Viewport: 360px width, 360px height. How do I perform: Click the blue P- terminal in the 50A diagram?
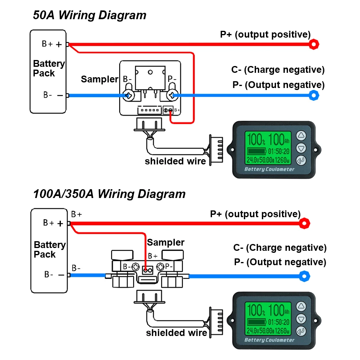pos(314,95)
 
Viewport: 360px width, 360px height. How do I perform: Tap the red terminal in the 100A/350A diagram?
pos(305,223)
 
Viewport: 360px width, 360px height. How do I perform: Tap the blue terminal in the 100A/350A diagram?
pos(305,275)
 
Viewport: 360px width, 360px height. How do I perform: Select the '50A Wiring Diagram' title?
pos(90,15)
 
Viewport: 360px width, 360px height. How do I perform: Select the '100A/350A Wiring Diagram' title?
pos(109,194)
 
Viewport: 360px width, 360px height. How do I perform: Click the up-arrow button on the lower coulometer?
pos(301,306)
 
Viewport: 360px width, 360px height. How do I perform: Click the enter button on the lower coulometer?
pos(301,332)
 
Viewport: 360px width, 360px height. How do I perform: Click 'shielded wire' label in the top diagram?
pos(175,161)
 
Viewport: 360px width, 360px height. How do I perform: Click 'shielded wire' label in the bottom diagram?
pos(176,333)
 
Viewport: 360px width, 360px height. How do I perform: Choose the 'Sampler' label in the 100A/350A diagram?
pos(166,242)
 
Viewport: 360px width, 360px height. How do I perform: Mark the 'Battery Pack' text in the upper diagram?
pos(49,68)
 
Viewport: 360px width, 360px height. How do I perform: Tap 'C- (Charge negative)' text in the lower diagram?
pos(280,248)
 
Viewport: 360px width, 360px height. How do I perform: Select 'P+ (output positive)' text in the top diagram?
pos(265,34)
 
